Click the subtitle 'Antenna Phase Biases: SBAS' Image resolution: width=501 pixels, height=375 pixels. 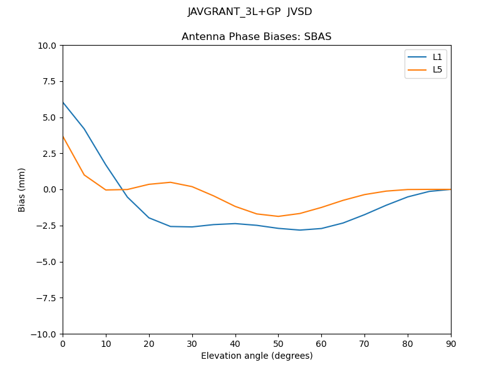[x=256, y=37]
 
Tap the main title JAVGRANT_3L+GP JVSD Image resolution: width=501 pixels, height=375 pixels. [x=250, y=12]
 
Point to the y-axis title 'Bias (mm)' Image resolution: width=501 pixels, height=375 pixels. [x=22, y=189]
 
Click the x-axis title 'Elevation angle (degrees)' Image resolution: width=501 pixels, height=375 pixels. [x=257, y=356]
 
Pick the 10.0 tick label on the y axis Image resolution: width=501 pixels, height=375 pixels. [x=48, y=46]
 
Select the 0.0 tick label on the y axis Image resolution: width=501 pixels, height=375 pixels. [x=49, y=189]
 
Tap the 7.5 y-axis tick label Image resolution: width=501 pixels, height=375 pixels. [x=49, y=81]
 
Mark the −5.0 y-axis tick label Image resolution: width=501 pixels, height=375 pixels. [x=46, y=262]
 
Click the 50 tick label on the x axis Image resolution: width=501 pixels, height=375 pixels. [x=278, y=343]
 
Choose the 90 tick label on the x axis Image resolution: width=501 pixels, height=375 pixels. [x=451, y=343]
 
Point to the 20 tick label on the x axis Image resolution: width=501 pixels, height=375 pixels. [x=149, y=343]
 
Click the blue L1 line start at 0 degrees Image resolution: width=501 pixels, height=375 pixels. [x=63, y=102]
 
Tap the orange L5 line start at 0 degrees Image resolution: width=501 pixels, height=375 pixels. [x=63, y=136]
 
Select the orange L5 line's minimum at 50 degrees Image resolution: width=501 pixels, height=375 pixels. [x=278, y=216]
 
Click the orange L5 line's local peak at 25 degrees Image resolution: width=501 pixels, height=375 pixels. [x=170, y=182]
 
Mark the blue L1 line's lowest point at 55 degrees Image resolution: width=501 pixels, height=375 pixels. [x=300, y=230]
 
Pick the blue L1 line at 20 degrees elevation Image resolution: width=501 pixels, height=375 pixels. [x=149, y=217]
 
